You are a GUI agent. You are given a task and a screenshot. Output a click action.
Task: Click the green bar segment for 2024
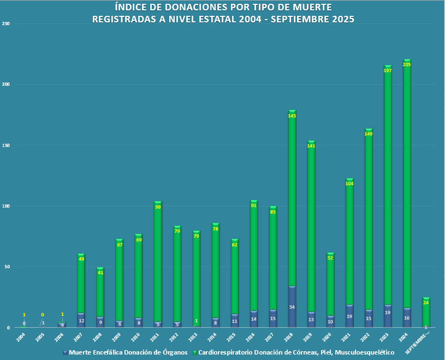tap(407, 186)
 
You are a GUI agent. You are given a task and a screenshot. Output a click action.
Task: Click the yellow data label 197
tap(388, 70)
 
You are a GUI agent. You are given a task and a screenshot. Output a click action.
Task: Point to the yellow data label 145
tap(292, 116)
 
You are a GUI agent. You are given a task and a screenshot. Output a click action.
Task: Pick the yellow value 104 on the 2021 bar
tap(349, 184)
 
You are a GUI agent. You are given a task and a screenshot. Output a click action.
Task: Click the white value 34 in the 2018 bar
tap(292, 307)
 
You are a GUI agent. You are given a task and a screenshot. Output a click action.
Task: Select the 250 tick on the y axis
tap(6, 24)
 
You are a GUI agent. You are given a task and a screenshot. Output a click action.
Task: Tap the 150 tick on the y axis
tap(6, 145)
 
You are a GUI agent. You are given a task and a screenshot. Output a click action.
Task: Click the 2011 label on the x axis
tap(155, 335)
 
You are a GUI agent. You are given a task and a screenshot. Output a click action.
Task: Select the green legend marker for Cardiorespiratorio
tap(195, 353)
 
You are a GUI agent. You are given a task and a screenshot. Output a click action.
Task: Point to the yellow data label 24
tap(426, 303)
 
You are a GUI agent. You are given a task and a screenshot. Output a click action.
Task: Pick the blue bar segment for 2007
tap(81, 320)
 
